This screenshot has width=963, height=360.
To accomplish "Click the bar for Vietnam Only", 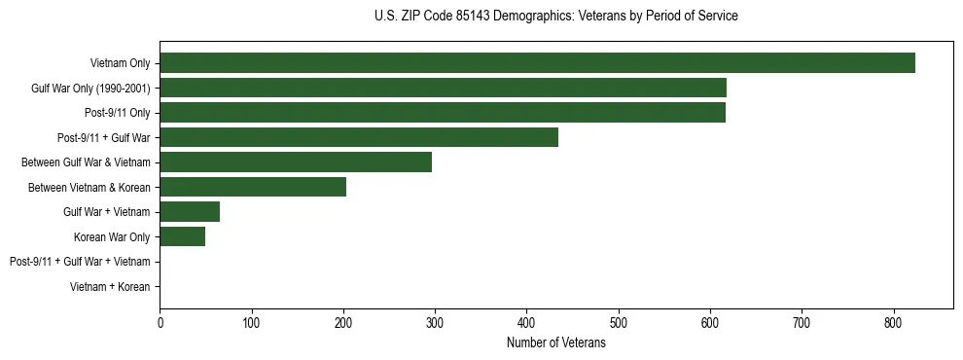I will pyautogui.click(x=537, y=63).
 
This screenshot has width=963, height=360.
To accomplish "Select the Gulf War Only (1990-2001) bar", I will pyautogui.click(x=443, y=89).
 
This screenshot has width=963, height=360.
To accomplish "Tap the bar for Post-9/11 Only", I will pyautogui.click(x=443, y=113).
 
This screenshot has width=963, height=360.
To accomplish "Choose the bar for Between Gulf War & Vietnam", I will pyautogui.click(x=296, y=162).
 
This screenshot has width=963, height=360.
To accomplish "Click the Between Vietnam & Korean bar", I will pyautogui.click(x=253, y=187).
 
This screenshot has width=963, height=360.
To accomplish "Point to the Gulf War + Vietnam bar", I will pyautogui.click(x=190, y=212).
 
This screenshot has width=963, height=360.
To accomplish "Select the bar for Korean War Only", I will pyautogui.click(x=182, y=236).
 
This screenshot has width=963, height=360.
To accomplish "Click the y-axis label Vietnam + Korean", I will pyautogui.click(x=110, y=287).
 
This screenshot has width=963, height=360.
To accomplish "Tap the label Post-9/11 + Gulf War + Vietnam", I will pyautogui.click(x=80, y=262).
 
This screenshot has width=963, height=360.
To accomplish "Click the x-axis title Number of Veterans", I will pyautogui.click(x=555, y=343).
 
